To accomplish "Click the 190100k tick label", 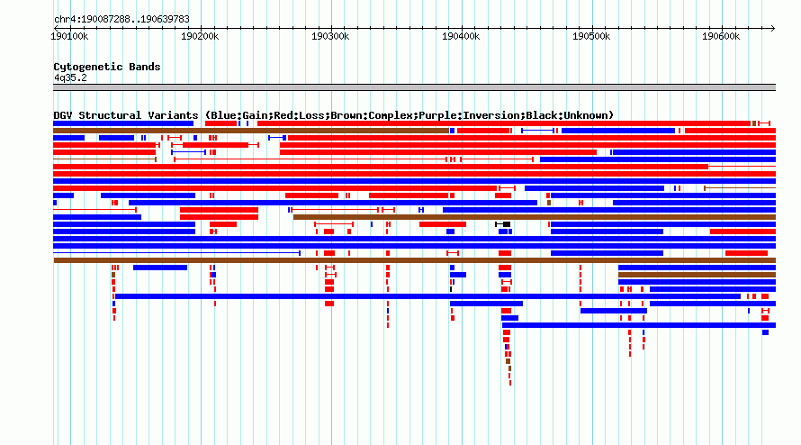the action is pos(69,36).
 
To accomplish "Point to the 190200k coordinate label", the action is pos(200,36).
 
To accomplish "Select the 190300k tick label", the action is pos(330,36).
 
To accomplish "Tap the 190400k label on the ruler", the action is pos(461,36).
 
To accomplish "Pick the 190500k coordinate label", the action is pos(591,36).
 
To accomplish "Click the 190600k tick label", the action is pos(721,36).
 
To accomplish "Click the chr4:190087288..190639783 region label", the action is pos(121,20).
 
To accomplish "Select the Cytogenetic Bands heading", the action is pos(107,67).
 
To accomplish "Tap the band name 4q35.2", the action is pos(70,77).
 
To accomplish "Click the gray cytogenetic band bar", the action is pos(414,87).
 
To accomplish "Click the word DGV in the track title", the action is pos(63,115).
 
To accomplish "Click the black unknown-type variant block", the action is pos(506,224).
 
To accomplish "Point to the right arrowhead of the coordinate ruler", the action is pos(773,28).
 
